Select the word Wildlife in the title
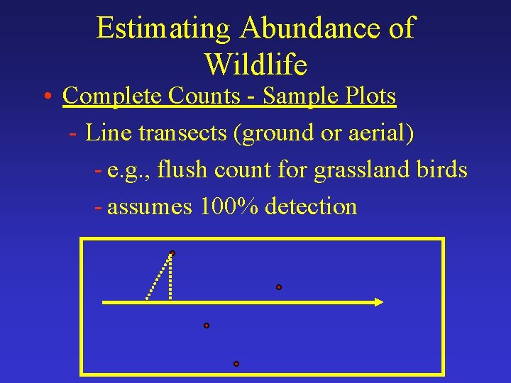coord(255,65)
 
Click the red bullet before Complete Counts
coord(45,96)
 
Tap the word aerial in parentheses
coord(375,133)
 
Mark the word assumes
coord(150,207)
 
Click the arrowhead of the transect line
coord(378,302)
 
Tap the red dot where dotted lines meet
coord(172,253)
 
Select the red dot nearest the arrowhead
coord(279,287)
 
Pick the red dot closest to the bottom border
coord(236,364)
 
